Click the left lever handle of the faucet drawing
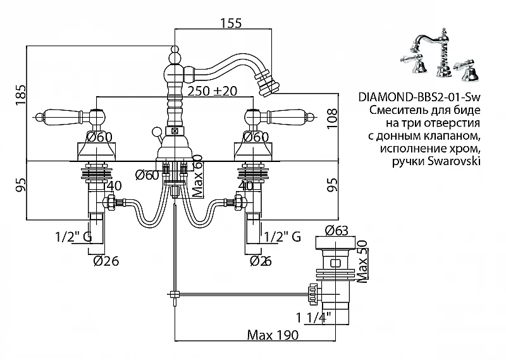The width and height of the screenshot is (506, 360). (x=63, y=116)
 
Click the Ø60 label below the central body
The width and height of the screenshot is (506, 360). (x=147, y=175)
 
